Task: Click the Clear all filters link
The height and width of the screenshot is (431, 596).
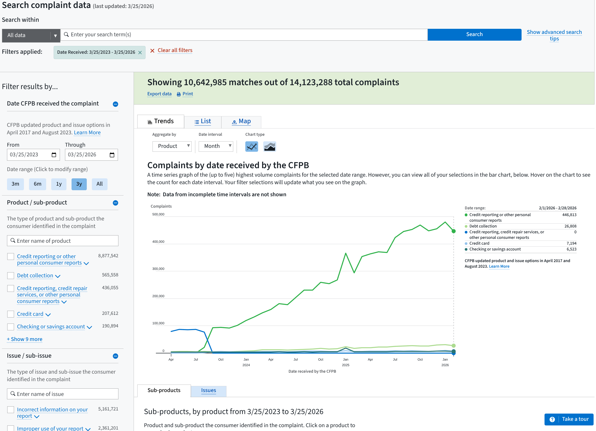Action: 175,50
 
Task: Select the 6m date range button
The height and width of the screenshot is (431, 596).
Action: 37,184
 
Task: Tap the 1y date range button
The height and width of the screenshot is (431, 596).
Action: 58,184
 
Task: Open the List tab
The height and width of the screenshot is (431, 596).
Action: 203,121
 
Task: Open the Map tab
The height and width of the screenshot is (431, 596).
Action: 241,121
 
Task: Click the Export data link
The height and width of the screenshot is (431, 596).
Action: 159,94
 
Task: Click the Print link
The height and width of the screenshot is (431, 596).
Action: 187,94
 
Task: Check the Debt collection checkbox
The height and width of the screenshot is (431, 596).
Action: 10,275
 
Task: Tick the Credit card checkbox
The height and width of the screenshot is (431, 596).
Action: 10,314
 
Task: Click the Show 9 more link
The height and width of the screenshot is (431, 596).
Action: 25,339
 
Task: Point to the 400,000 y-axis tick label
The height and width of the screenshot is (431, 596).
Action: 158,242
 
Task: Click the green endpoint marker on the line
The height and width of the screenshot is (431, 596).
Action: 453,231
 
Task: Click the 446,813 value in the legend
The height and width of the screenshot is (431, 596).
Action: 569,215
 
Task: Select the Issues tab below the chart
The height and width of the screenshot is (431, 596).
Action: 208,391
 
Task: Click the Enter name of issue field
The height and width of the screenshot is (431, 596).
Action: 63,394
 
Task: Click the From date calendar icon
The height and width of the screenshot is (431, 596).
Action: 54,155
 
